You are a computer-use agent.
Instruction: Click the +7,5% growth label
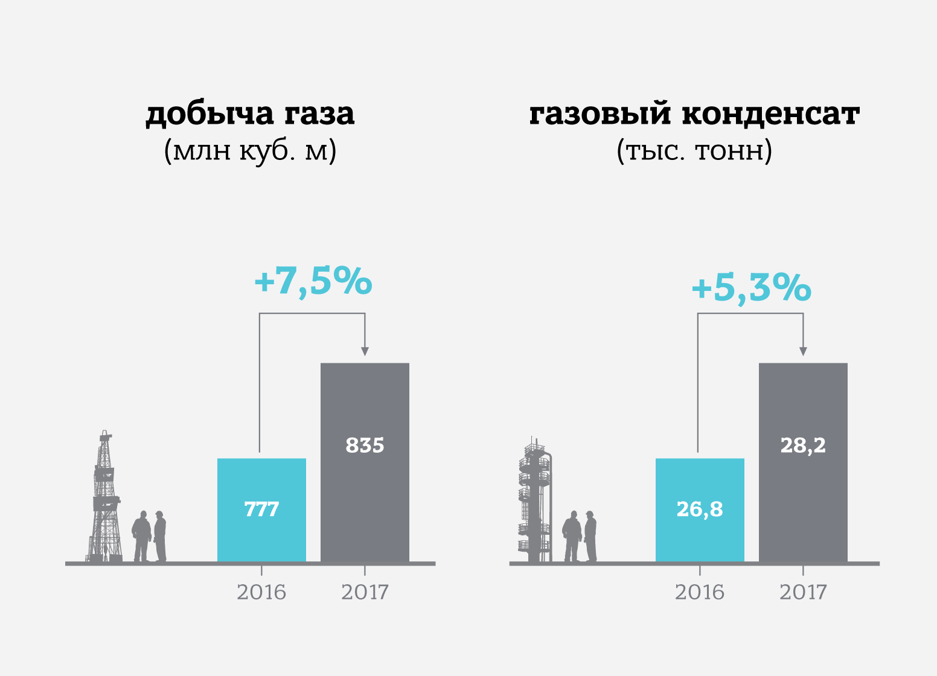(313, 282)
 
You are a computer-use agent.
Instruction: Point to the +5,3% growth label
(750, 288)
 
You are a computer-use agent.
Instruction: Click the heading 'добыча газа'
(250, 114)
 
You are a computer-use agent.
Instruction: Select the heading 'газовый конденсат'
(694, 114)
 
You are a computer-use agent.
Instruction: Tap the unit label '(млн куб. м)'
(250, 151)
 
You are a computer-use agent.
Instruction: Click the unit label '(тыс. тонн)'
(694, 151)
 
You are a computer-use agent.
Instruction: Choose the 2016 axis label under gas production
(261, 592)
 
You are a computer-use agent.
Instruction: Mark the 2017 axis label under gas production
(365, 592)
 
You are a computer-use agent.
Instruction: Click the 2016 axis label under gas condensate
(700, 592)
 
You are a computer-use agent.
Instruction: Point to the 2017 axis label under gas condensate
(803, 592)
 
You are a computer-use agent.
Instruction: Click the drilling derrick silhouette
(106, 501)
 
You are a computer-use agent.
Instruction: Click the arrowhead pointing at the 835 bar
(365, 351)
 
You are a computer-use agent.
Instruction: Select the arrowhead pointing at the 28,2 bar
(803, 351)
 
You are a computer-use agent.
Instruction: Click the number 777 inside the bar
(261, 509)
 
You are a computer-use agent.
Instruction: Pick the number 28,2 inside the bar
(803, 445)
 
